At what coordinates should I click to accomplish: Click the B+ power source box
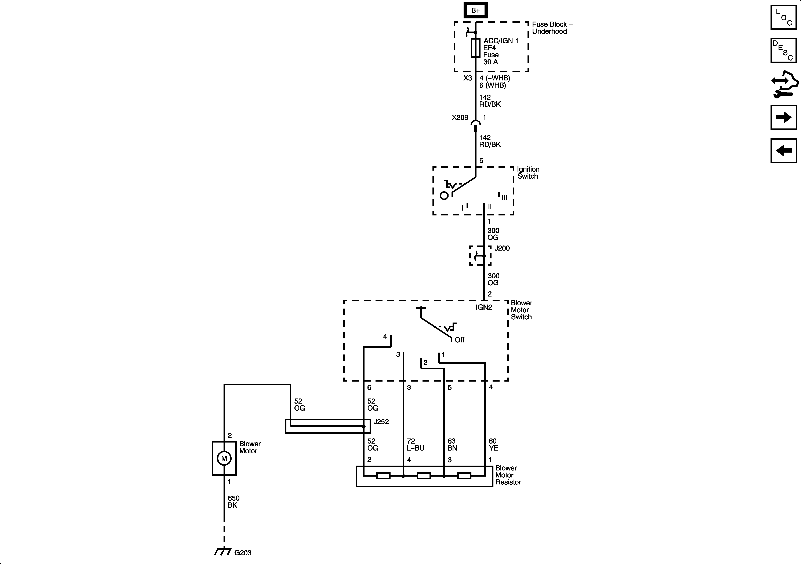(475, 10)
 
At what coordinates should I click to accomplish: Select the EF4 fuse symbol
(475, 48)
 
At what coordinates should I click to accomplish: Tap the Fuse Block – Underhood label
(552, 28)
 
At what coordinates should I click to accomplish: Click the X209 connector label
(460, 117)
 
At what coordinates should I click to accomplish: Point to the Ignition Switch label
(528, 173)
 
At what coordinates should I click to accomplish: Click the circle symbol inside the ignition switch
(444, 196)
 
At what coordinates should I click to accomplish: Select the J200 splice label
(502, 248)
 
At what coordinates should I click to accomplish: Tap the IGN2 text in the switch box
(483, 307)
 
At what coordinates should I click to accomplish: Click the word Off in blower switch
(460, 340)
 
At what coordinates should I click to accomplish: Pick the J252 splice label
(381, 422)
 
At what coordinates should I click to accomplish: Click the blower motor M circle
(224, 458)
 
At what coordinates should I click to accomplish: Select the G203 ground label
(243, 553)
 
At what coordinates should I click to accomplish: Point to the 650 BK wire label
(233, 502)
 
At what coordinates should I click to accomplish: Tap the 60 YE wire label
(493, 445)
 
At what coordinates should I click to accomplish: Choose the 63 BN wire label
(452, 445)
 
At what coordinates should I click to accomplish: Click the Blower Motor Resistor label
(508, 475)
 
